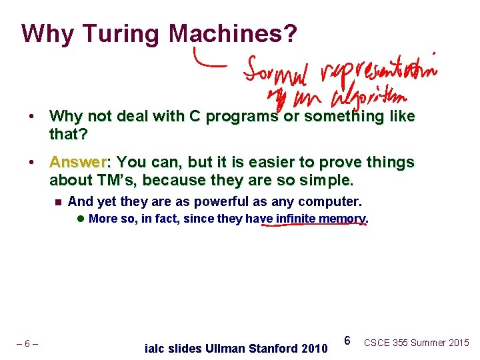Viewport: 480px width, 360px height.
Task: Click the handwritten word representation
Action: click(x=376, y=69)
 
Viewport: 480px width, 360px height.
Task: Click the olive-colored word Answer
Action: click(x=78, y=163)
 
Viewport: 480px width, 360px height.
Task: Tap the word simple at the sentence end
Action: click(x=331, y=180)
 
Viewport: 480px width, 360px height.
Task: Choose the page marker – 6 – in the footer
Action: click(x=27, y=344)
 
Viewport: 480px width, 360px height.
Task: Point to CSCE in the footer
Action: click(x=377, y=343)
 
